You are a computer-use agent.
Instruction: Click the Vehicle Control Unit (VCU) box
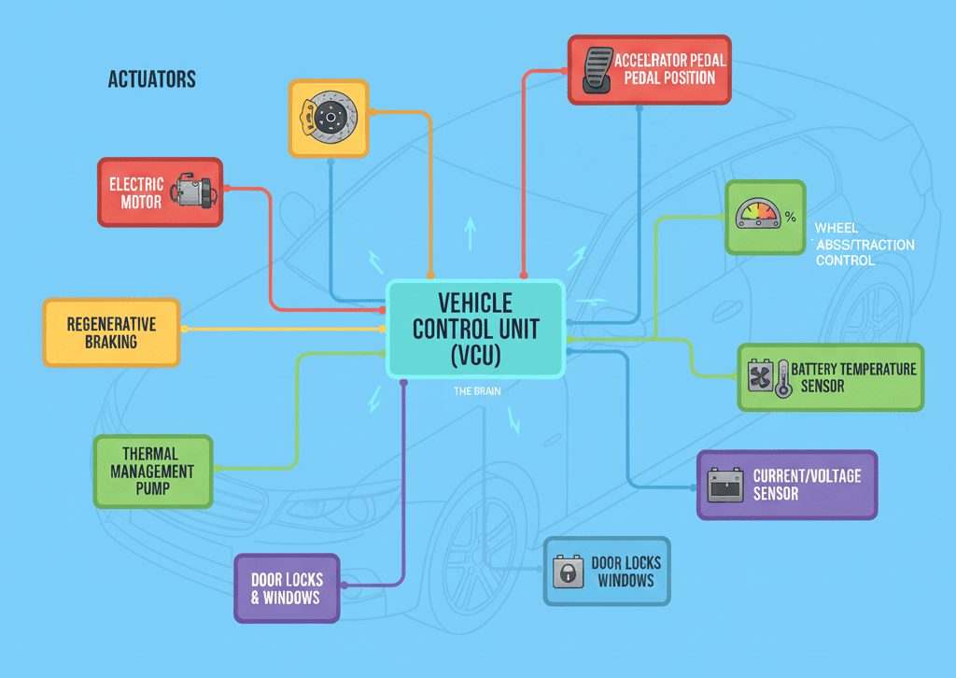click(475, 329)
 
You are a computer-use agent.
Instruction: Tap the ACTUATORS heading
click(152, 79)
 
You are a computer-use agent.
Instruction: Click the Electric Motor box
click(160, 191)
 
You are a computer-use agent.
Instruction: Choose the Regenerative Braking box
click(111, 332)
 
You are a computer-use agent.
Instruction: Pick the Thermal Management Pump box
click(152, 472)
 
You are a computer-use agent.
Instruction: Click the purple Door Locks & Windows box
click(286, 587)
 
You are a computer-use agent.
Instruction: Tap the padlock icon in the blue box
click(567, 572)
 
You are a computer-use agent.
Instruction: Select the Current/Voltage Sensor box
click(788, 484)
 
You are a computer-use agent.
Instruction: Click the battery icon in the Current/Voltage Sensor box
click(725, 485)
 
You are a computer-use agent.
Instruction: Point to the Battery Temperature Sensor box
click(831, 377)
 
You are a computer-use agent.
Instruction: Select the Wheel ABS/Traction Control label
click(863, 245)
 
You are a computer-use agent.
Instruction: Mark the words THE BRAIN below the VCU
click(477, 392)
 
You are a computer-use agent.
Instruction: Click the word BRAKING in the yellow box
click(111, 342)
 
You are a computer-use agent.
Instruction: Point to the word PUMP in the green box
click(152, 488)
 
